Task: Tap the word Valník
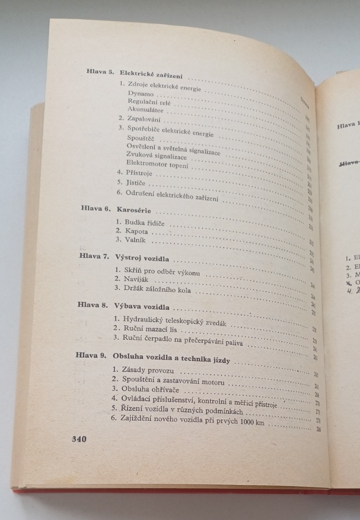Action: point(134,239)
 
